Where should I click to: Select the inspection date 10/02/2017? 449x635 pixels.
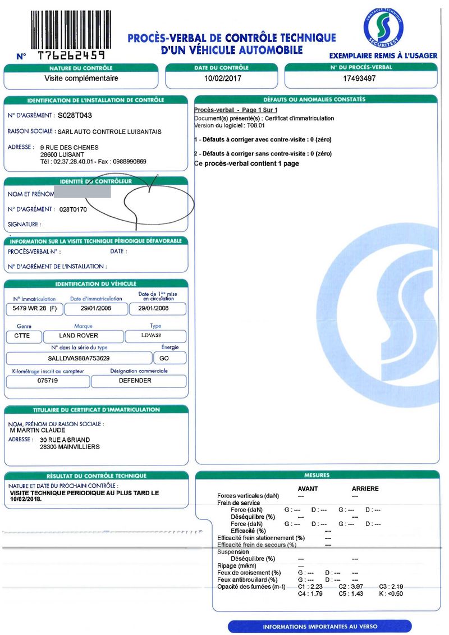[x=223, y=79]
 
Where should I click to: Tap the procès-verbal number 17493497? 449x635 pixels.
[x=359, y=79]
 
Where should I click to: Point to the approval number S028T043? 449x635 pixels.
[x=79, y=116]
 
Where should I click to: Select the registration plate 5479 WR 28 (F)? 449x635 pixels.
[x=35, y=309]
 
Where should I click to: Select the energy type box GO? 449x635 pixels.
[x=165, y=358]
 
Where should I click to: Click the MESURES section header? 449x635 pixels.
[x=317, y=475]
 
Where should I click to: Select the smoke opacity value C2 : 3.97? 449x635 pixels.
[x=351, y=587]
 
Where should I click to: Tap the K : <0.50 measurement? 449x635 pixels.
[x=391, y=593]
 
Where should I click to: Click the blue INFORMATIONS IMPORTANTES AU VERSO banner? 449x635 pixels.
[x=320, y=627]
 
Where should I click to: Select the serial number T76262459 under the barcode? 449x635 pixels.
[x=71, y=56]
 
